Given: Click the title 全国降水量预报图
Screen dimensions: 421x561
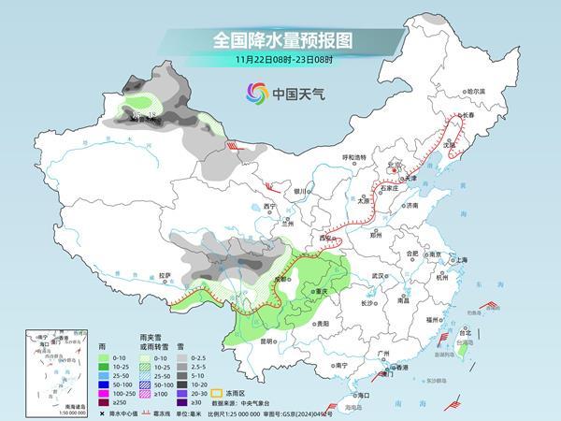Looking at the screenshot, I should [x=280, y=40].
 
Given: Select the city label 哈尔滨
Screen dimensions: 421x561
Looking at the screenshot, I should [x=477, y=92].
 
